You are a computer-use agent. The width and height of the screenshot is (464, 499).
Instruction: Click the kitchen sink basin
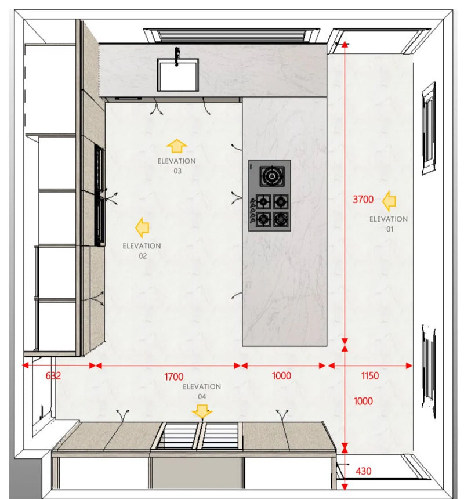click(x=178, y=75)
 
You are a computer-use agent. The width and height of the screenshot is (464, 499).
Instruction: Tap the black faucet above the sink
click(x=177, y=56)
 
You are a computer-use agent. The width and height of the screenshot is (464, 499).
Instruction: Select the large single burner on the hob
click(x=272, y=176)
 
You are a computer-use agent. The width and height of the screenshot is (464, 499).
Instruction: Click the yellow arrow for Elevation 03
click(x=177, y=146)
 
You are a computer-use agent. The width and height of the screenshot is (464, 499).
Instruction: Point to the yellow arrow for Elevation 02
click(x=142, y=227)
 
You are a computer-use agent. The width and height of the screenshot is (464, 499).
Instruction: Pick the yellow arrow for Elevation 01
click(x=389, y=201)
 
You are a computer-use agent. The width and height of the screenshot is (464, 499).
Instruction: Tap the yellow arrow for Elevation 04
click(x=202, y=411)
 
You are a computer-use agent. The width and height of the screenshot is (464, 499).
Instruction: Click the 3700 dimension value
click(x=363, y=199)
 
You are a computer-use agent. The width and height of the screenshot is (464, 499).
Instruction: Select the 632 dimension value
click(x=53, y=376)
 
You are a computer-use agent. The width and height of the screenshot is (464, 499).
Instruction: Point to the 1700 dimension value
click(x=173, y=377)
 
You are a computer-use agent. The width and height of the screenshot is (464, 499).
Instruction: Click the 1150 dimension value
click(x=370, y=376)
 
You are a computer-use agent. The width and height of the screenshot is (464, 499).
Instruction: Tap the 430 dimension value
click(x=364, y=471)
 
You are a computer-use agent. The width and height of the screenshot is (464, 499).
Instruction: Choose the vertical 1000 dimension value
click(x=363, y=401)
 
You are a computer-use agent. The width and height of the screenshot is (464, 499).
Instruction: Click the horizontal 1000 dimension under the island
click(x=281, y=376)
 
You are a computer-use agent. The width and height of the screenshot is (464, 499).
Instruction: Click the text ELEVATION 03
click(x=177, y=166)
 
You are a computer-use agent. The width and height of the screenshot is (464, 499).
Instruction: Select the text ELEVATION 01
click(x=389, y=224)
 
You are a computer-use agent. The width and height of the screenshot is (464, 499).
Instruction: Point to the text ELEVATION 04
click(x=202, y=392)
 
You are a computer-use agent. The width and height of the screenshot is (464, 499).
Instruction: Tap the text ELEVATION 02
click(x=142, y=251)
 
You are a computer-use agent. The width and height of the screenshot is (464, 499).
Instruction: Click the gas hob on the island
click(x=270, y=196)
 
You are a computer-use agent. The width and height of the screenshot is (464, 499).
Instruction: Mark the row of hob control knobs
click(x=253, y=210)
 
